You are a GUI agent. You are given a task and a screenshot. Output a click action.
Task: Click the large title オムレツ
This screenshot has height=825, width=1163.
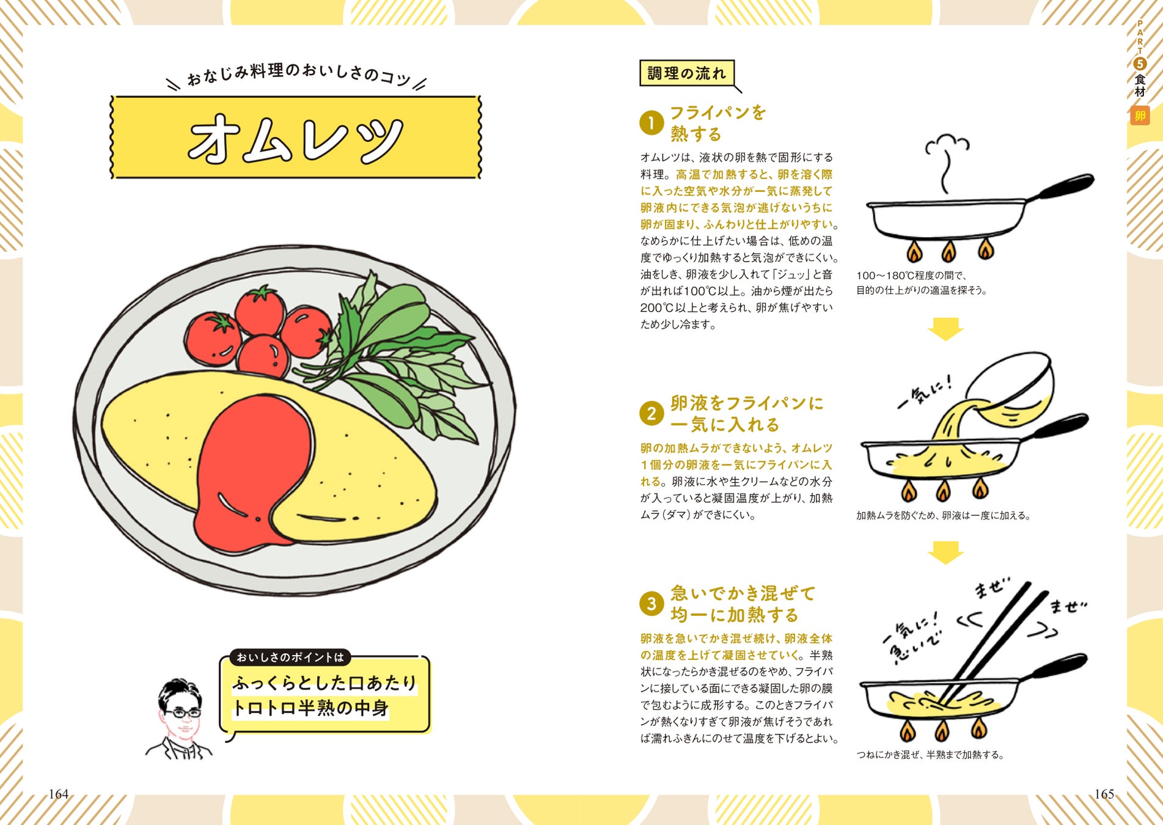tap(295, 139)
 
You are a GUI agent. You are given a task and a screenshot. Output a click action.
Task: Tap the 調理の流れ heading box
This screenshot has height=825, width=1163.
tap(686, 73)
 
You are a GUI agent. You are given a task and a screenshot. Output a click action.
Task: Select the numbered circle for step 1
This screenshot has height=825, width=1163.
tap(651, 123)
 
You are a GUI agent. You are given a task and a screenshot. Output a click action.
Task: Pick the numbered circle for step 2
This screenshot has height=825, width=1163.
tap(651, 414)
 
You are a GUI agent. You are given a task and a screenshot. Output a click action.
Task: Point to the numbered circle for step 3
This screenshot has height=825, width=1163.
tap(651, 604)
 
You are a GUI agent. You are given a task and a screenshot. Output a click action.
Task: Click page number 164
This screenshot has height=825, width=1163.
tap(59, 794)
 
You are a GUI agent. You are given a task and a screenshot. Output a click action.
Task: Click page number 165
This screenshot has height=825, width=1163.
tap(1104, 794)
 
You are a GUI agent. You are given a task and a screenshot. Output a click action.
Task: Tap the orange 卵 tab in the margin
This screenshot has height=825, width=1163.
tap(1140, 116)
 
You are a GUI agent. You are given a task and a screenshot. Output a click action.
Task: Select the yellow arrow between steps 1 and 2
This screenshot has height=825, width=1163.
tap(945, 329)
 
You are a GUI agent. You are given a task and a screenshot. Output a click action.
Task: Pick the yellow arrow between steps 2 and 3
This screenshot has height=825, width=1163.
tap(945, 552)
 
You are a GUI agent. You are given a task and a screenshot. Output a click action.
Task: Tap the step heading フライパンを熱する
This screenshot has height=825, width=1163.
tap(717, 123)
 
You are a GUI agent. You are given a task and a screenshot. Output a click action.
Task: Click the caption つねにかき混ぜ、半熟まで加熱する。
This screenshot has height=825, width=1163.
tap(931, 755)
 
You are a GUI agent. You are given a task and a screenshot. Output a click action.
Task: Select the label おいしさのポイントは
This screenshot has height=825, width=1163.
tap(290, 658)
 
